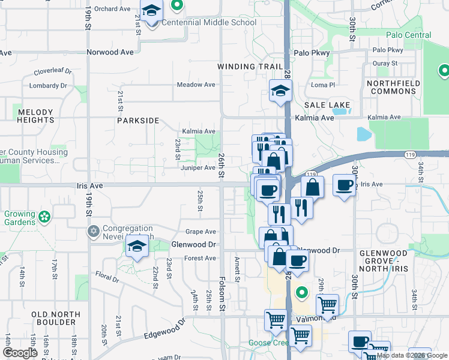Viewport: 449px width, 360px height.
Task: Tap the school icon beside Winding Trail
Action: click(x=280, y=91)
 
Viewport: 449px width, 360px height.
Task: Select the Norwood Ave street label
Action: click(x=110, y=52)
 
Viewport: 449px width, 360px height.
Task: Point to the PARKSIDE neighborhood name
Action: click(x=138, y=121)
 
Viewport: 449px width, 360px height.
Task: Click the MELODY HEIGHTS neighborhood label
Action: click(x=36, y=116)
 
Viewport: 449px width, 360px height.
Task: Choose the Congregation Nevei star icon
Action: click(x=93, y=231)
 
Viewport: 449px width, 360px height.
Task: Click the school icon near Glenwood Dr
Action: click(x=137, y=246)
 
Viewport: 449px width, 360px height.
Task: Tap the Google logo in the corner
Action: click(x=20, y=353)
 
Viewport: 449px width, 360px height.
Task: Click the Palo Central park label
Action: click(x=409, y=35)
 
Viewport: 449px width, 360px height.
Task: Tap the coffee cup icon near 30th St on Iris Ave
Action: click(x=344, y=184)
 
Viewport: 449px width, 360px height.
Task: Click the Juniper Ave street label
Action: click(x=198, y=168)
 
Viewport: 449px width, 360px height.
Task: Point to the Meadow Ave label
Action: click(x=196, y=85)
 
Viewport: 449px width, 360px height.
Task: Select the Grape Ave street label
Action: click(x=200, y=232)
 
